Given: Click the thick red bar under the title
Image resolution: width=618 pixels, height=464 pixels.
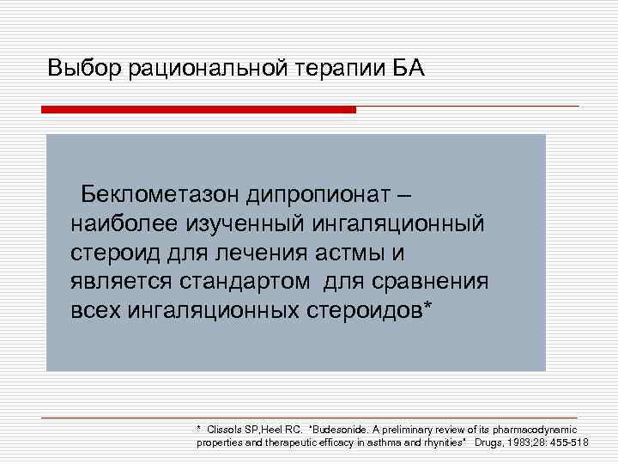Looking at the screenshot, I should (198, 110).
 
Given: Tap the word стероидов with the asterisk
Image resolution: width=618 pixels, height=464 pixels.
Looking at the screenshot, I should (372, 309).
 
